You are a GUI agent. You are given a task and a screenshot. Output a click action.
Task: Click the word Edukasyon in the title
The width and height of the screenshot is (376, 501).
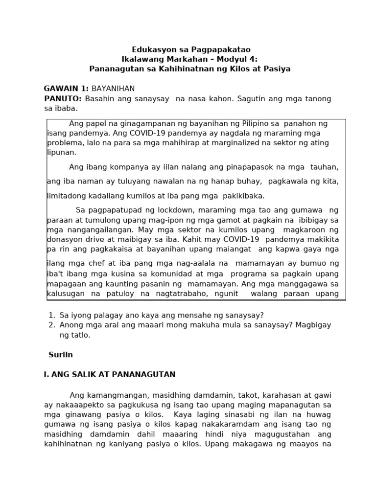[150, 49]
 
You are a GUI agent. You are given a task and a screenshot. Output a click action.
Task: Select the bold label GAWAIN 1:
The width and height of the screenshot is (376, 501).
[66, 89]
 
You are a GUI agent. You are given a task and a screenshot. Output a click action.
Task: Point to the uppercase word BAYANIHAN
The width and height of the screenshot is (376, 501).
[113, 89]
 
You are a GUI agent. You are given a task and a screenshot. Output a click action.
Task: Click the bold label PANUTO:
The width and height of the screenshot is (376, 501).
[63, 99]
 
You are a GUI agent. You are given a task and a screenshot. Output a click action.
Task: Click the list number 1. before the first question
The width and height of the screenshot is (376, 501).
[51, 316]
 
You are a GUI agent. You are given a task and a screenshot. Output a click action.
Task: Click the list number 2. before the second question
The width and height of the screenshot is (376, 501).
[51, 325]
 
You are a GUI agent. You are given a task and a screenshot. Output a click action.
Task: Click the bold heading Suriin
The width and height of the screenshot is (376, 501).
[61, 355]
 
